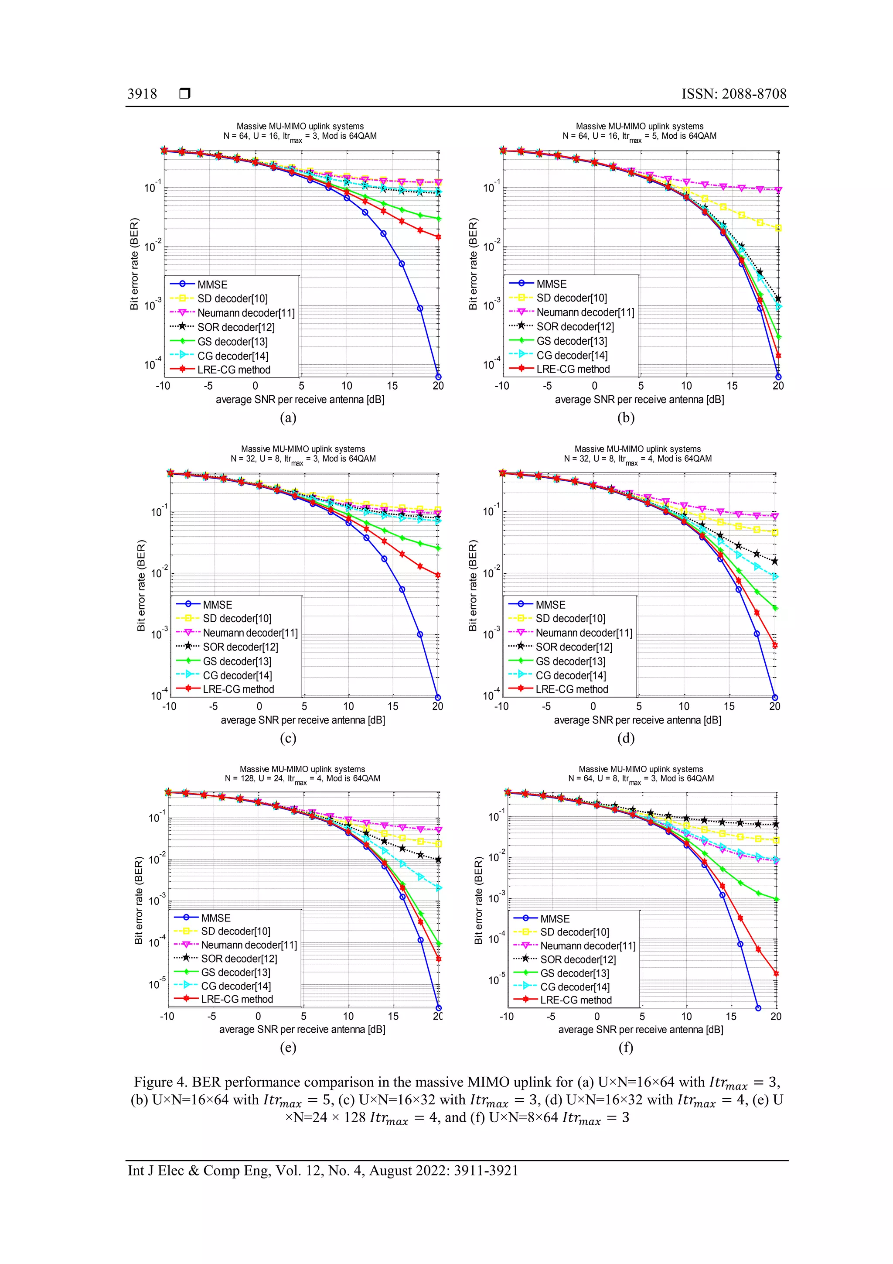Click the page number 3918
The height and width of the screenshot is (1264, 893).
(142, 94)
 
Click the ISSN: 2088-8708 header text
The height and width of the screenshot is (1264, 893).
(734, 94)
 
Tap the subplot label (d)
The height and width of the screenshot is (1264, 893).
(626, 738)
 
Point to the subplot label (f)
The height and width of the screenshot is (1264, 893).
(626, 1047)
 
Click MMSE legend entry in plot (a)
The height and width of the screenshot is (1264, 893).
(212, 284)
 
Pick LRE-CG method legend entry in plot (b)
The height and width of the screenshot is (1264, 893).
(573, 370)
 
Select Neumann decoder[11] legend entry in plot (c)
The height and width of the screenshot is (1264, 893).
(250, 633)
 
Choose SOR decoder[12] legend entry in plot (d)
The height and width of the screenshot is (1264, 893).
(573, 647)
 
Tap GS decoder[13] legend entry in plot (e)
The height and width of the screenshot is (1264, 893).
(235, 972)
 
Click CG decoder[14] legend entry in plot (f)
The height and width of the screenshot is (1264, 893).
(574, 987)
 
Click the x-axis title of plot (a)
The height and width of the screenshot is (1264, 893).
(300, 400)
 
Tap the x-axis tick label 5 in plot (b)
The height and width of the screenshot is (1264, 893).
(641, 386)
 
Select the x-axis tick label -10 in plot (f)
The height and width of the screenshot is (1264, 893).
(506, 1016)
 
